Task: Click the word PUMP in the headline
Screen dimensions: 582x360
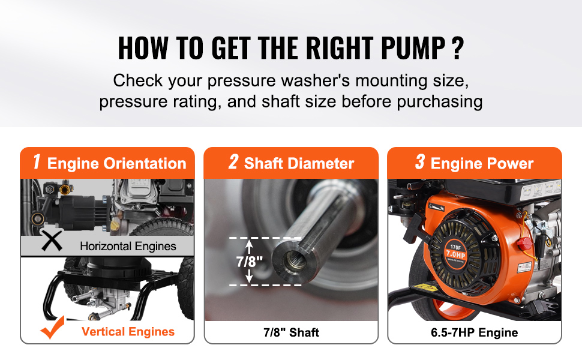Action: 413,48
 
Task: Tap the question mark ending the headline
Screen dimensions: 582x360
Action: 458,48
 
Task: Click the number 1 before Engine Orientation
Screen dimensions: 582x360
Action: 37,162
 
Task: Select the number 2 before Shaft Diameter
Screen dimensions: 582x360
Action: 233,162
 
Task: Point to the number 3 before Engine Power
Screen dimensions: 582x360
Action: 420,162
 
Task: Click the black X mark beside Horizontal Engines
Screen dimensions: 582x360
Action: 52,241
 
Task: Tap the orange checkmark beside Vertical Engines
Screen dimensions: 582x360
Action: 53,328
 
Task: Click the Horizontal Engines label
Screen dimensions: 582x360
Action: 128,246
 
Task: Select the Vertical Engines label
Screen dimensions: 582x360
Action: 128,331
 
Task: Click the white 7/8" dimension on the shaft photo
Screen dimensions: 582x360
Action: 250,262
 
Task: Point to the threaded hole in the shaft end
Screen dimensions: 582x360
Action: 295,262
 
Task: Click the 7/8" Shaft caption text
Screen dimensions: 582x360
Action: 292,332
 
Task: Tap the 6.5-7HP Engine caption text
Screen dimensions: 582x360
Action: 475,332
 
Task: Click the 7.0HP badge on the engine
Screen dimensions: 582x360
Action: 456,254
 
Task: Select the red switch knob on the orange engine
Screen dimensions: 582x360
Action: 524,244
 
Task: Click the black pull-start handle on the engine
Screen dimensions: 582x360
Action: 413,228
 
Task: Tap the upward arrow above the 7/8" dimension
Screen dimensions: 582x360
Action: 250,247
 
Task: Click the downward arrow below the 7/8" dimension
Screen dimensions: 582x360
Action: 250,276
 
